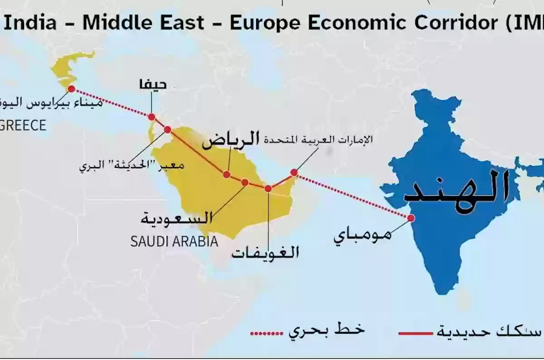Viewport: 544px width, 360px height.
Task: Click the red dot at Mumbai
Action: tap(411, 218)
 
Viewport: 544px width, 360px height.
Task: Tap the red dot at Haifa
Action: tap(152, 117)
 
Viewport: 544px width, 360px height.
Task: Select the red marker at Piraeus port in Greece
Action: tap(71, 89)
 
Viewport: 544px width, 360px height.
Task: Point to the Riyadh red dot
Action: tap(227, 175)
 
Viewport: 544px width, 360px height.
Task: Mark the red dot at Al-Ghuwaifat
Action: tap(268, 189)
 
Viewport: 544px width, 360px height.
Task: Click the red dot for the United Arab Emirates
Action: tap(294, 172)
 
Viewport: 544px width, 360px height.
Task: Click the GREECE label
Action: tap(23, 125)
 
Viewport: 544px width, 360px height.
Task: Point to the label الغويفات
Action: tap(265, 252)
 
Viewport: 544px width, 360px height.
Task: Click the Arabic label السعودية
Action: tap(176, 218)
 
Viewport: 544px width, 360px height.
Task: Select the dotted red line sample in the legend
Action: tap(266, 334)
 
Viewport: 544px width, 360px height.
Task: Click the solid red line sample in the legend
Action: tap(416, 334)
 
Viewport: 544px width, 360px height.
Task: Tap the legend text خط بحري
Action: tap(326, 331)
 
